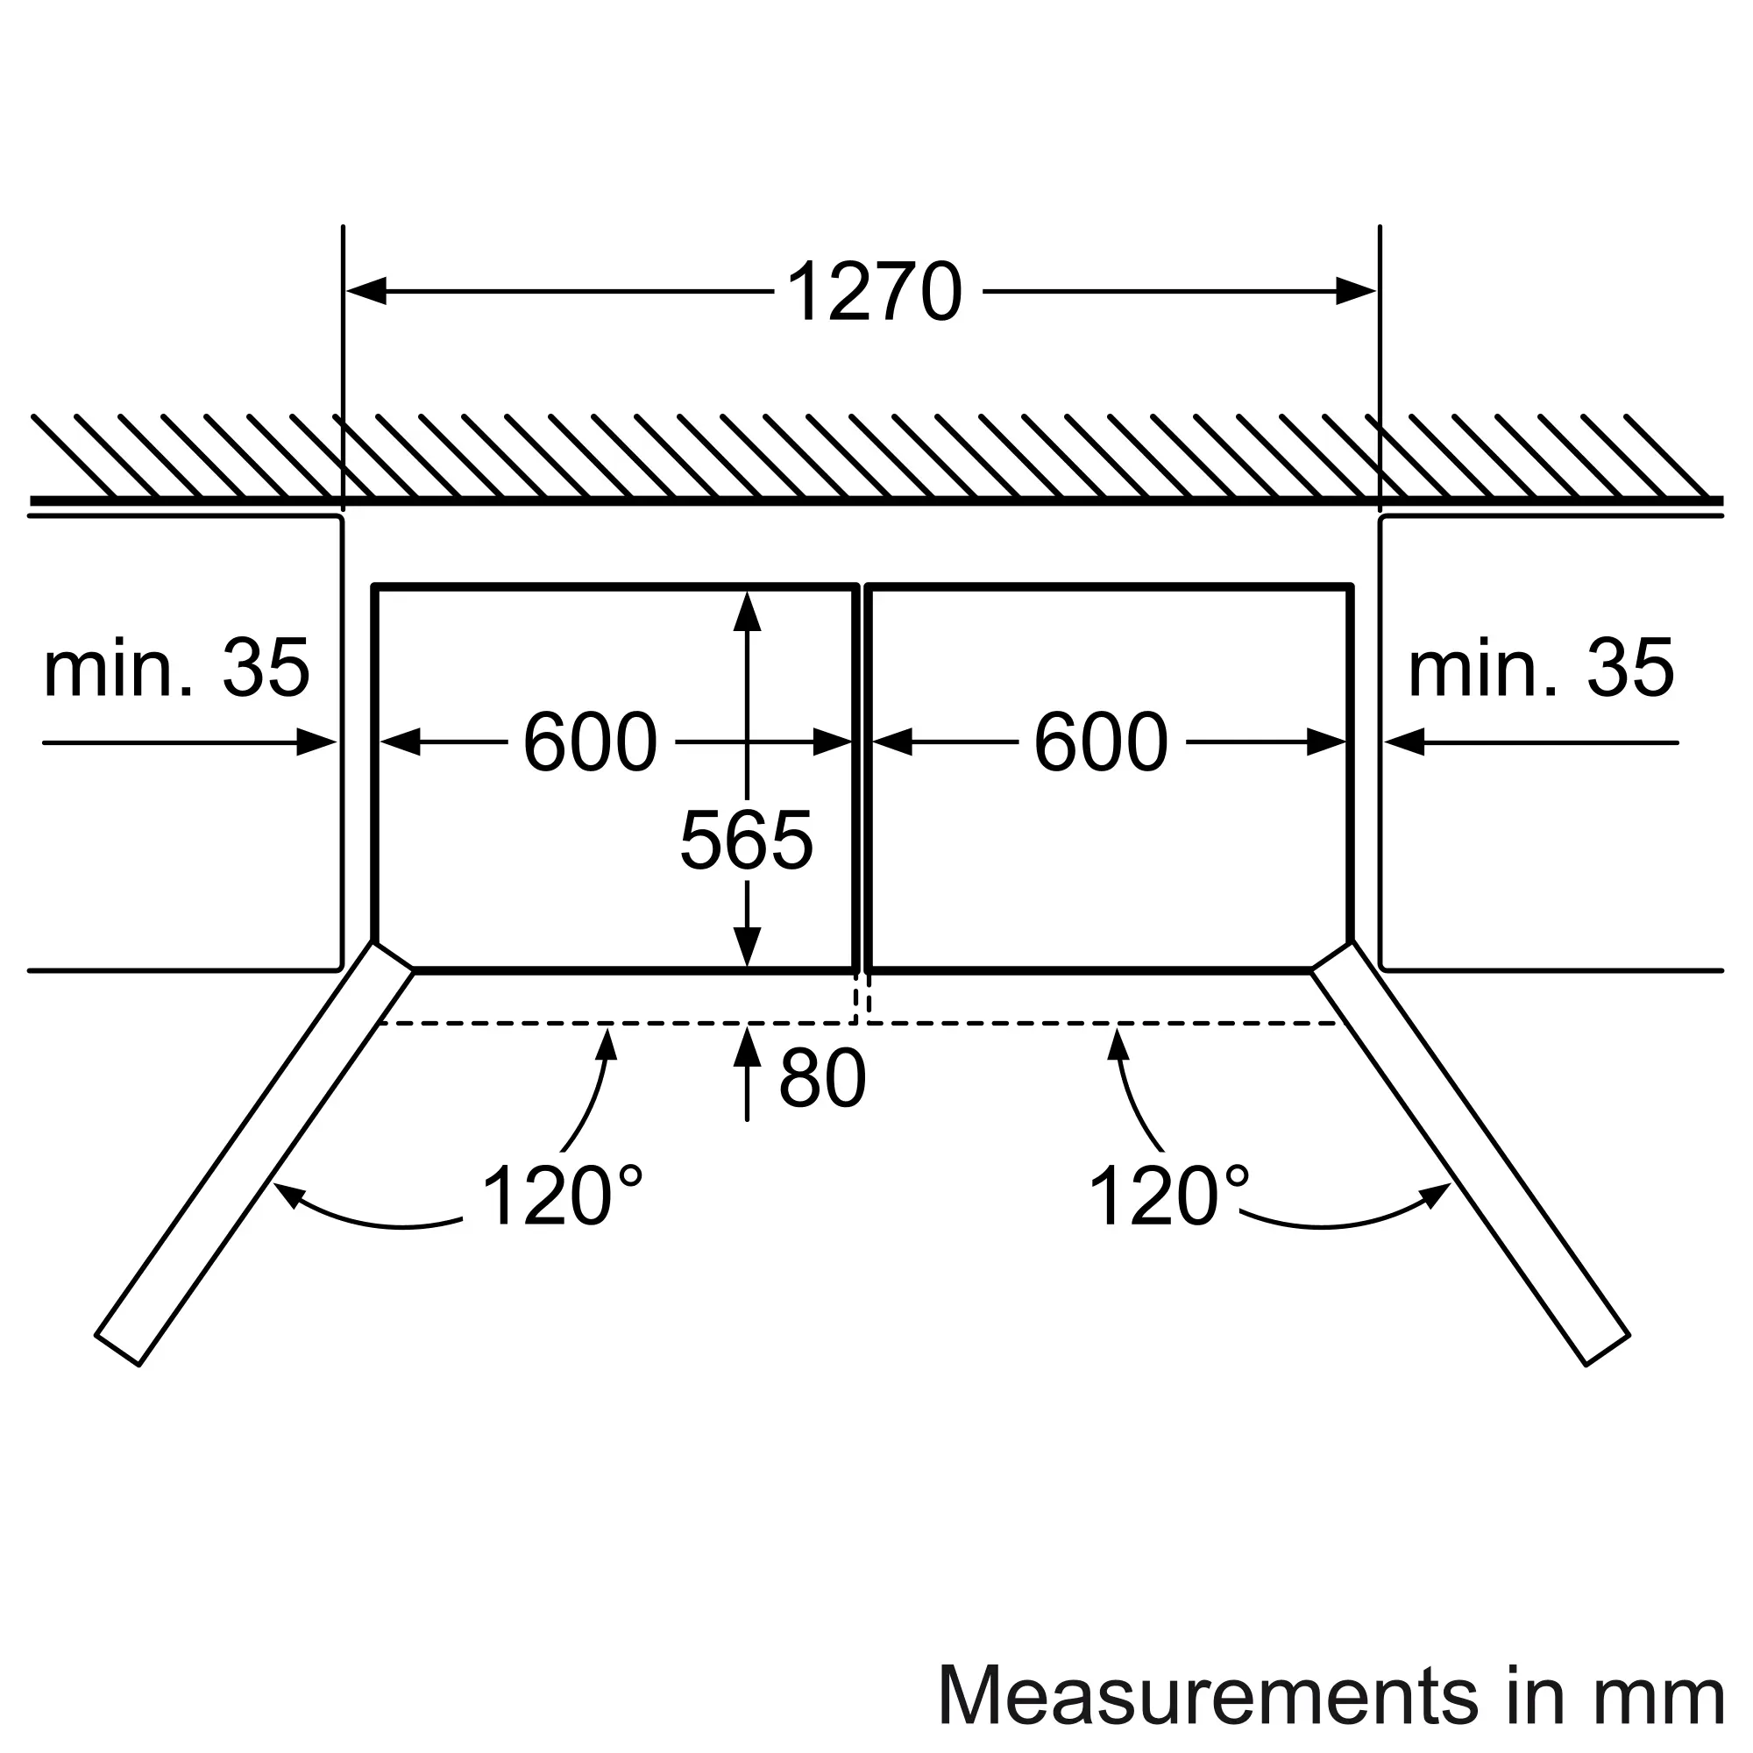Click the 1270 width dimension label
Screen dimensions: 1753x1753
874,292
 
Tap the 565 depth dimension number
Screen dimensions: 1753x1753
746,841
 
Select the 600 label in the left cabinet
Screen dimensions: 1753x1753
590,742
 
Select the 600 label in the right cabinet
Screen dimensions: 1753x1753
1101,742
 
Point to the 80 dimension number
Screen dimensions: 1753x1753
822,1080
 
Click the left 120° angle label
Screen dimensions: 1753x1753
562,1196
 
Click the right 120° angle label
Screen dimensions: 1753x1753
1167,1196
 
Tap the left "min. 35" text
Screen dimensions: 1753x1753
177,669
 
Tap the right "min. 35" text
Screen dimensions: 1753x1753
1541,669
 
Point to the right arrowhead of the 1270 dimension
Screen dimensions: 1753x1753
1357,292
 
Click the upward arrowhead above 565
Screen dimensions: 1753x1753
747,611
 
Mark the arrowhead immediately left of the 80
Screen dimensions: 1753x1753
747,1047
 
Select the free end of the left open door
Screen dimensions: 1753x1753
118,1349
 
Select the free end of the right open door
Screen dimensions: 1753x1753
1608,1349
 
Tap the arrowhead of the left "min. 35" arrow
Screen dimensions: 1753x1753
317,743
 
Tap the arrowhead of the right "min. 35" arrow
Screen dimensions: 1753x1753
1403,743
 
